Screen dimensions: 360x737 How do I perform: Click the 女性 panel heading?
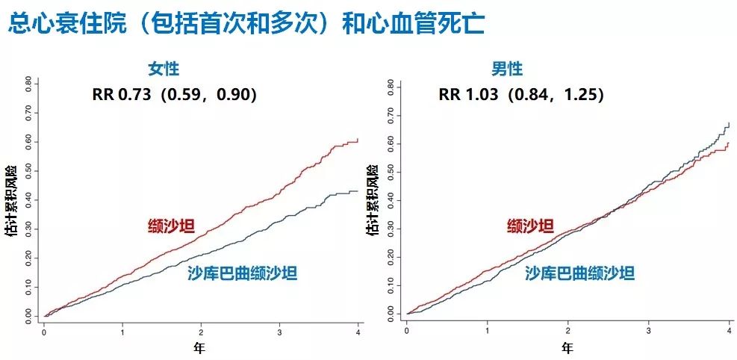(164, 69)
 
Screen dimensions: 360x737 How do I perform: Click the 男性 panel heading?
(507, 69)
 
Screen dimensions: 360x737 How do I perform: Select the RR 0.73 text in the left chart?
(174, 95)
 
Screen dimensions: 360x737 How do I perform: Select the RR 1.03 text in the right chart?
(520, 95)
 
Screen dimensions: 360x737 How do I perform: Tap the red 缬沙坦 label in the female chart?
(170, 226)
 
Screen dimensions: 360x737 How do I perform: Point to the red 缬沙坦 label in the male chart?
(530, 226)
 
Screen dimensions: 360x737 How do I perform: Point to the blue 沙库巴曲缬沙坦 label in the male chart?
(579, 273)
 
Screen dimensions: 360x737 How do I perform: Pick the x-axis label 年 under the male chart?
(567, 347)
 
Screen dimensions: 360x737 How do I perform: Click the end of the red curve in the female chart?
(358, 140)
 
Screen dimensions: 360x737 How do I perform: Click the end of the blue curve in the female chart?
(358, 191)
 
